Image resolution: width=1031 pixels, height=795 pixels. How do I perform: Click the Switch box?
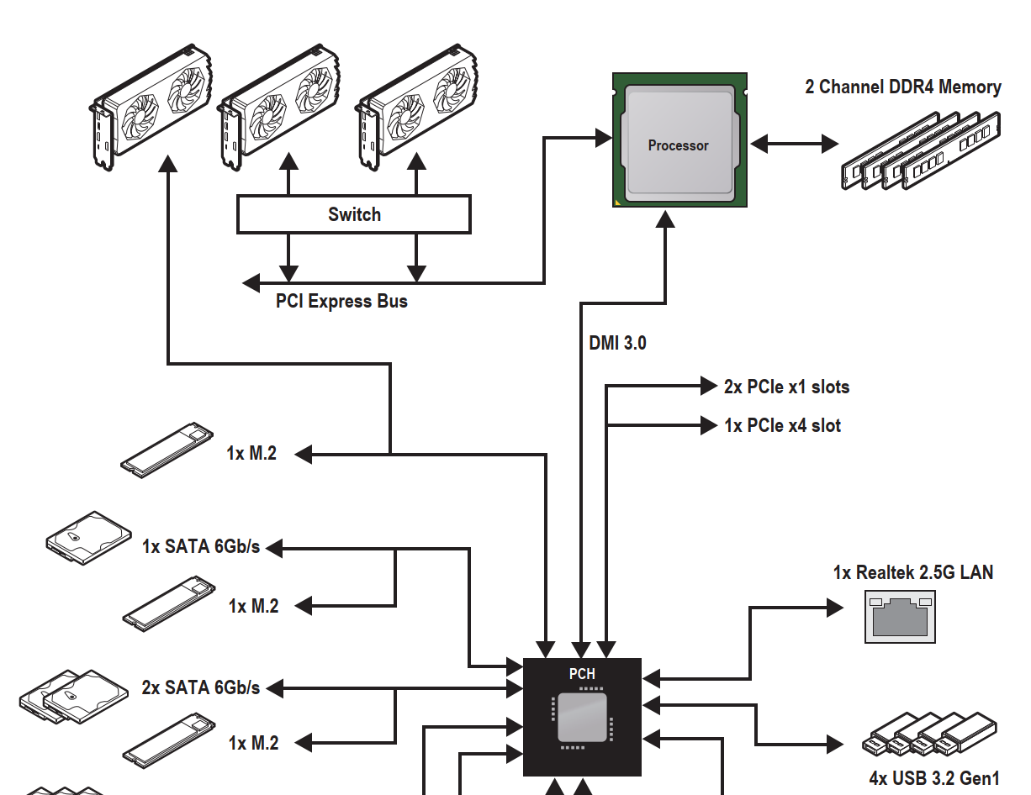(x=354, y=214)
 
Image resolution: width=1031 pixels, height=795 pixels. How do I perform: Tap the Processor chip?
(x=679, y=140)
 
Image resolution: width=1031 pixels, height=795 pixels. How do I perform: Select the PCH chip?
(x=582, y=717)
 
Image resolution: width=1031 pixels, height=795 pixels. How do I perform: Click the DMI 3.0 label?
(x=617, y=343)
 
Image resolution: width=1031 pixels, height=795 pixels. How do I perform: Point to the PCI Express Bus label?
(x=341, y=301)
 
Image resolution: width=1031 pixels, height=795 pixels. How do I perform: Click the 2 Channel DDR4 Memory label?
(x=903, y=87)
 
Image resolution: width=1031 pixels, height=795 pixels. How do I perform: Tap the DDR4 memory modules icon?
(x=921, y=150)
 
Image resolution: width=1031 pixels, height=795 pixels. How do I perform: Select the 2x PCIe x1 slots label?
(x=786, y=387)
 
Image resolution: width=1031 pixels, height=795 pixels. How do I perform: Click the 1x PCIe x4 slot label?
(x=782, y=426)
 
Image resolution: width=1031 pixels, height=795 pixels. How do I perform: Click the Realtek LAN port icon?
(x=900, y=617)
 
